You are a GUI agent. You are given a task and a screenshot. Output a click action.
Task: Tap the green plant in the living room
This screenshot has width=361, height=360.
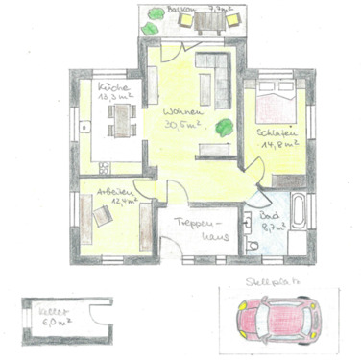pyautogui.click(x=225, y=125)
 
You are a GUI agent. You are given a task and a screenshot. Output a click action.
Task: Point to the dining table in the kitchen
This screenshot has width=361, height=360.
pyautogui.click(x=122, y=119)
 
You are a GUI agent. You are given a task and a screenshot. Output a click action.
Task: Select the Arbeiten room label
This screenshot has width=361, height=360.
pyautogui.click(x=113, y=191)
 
